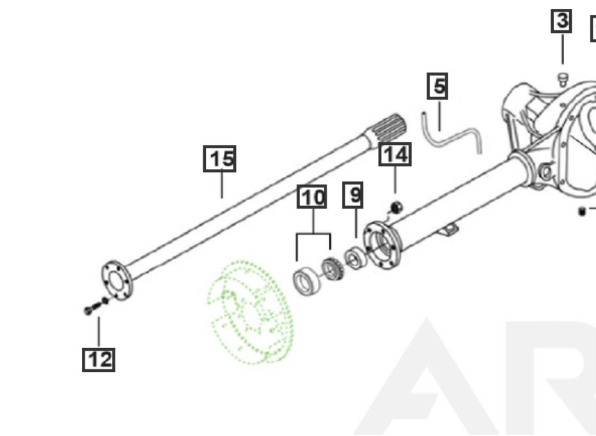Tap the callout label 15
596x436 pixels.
click(x=220, y=159)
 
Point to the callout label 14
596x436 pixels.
click(x=395, y=155)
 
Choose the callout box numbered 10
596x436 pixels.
click(x=312, y=197)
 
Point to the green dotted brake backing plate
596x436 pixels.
click(x=250, y=314)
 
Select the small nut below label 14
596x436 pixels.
click(x=396, y=206)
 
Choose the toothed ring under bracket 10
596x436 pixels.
click(x=331, y=269)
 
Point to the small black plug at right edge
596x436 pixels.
click(x=582, y=211)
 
